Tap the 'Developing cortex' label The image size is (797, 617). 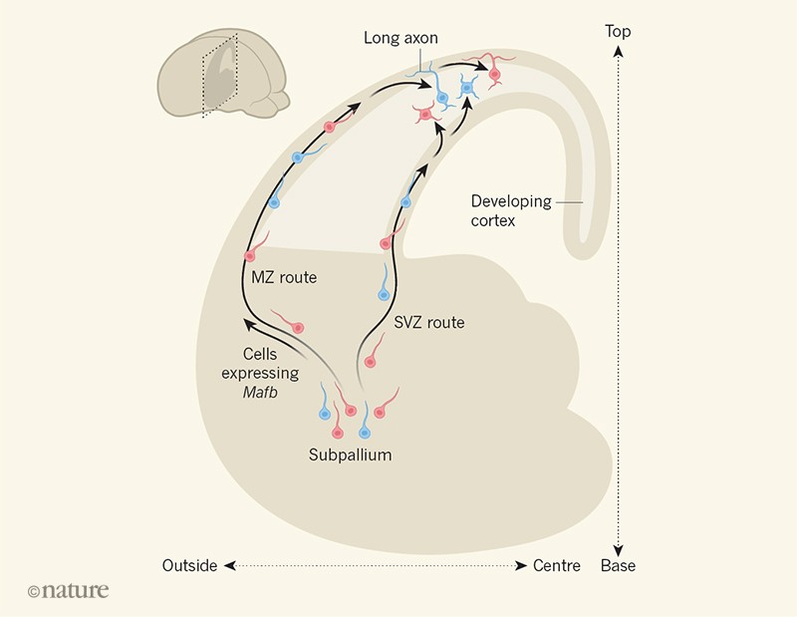pyautogui.click(x=511, y=210)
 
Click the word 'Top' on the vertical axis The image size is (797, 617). pyautogui.click(x=618, y=32)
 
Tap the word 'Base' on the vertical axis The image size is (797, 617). pyautogui.click(x=618, y=566)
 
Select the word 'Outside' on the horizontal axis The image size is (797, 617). pyautogui.click(x=189, y=566)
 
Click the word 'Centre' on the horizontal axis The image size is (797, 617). pyautogui.click(x=557, y=566)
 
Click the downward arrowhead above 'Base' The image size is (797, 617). pyautogui.click(x=618, y=546)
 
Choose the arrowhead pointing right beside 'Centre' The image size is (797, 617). pyautogui.click(x=521, y=566)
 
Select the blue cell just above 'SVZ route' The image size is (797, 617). pyautogui.click(x=384, y=294)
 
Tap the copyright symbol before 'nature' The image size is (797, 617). pyautogui.click(x=34, y=591)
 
